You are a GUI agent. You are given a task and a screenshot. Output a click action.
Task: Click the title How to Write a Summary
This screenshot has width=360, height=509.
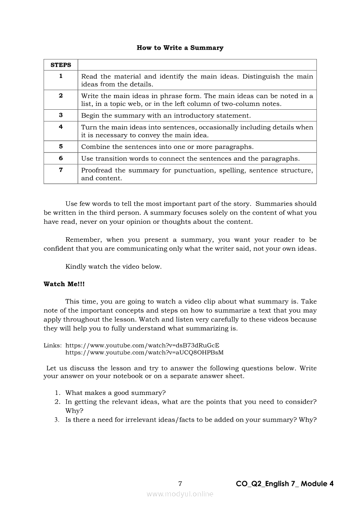pyautogui.click(x=180, y=48)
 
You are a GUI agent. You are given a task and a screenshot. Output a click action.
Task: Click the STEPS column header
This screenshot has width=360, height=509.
pyautogui.click(x=61, y=65)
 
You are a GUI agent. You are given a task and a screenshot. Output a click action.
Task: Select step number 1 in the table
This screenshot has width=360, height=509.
pyautogui.click(x=61, y=76)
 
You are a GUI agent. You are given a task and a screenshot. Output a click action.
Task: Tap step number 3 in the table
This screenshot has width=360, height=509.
pyautogui.click(x=61, y=115)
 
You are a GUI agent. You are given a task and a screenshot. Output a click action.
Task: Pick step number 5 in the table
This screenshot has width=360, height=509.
pyautogui.click(x=61, y=146)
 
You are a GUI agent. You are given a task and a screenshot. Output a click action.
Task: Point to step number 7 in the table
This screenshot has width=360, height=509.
pyautogui.click(x=61, y=170)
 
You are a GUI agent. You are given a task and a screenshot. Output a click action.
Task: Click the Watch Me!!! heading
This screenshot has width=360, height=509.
pyautogui.click(x=64, y=284)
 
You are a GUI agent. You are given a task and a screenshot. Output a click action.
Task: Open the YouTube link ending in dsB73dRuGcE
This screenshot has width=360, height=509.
pyautogui.click(x=142, y=345)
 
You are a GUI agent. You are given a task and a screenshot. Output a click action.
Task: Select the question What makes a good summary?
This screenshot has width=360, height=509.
pyautogui.click(x=115, y=392)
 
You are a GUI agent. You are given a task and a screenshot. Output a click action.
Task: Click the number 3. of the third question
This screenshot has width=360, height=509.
pyautogui.click(x=57, y=420)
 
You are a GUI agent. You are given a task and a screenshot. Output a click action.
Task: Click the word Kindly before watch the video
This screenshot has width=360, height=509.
pyautogui.click(x=75, y=266)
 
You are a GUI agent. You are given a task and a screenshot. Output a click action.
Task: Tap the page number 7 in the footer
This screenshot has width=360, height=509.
pyautogui.click(x=180, y=483)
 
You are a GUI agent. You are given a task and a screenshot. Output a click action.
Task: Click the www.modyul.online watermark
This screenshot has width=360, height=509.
pyautogui.click(x=180, y=494)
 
